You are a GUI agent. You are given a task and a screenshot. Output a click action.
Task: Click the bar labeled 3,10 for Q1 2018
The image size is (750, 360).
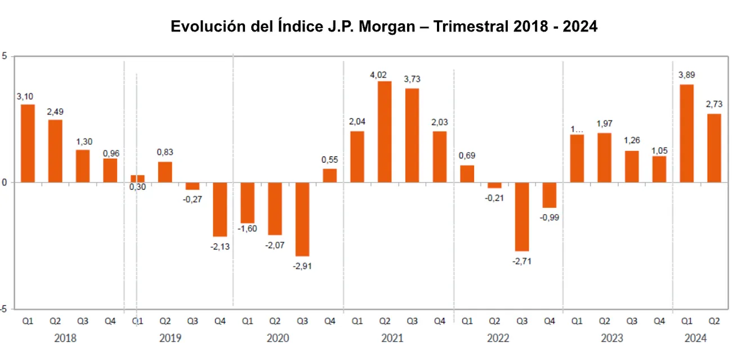coord(28,143)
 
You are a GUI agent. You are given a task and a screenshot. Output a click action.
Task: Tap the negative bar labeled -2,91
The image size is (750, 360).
coord(302,219)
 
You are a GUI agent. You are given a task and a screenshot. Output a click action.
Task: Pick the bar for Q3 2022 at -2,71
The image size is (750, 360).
coord(522,216)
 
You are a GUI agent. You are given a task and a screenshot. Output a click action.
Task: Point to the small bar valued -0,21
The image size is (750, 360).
coord(494,185)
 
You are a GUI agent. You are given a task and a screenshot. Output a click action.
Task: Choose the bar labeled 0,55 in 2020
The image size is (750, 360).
coord(330,175)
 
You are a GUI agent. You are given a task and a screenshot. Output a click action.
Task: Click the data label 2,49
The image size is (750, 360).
coord(55,112)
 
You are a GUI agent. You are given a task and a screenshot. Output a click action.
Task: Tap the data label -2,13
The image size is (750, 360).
coord(220,246)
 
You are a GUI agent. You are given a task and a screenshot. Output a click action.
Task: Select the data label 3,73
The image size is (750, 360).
coord(412,79)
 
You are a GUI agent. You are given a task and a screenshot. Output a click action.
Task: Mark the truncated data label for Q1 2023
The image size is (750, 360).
coord(577,128)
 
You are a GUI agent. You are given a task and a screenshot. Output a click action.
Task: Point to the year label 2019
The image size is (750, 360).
coord(170,338)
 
